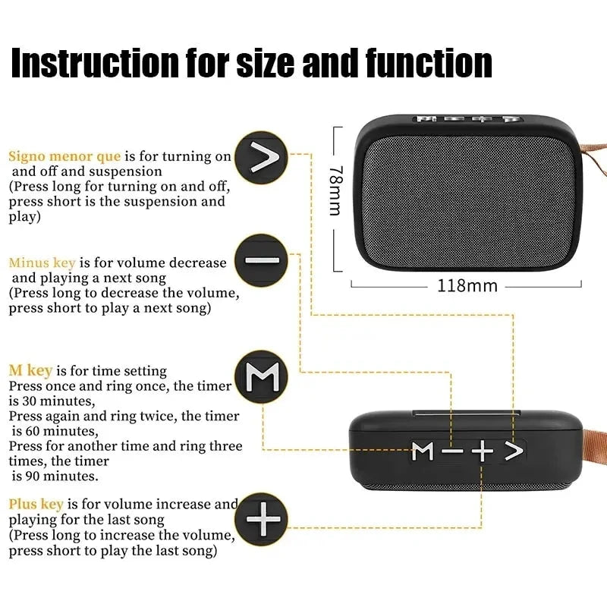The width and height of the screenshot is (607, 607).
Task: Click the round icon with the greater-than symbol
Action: pos(261,158)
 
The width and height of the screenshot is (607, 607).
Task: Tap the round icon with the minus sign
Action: pos(262,260)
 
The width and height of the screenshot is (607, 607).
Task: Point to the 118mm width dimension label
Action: pos(467,286)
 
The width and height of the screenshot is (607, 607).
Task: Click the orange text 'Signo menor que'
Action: pos(64,156)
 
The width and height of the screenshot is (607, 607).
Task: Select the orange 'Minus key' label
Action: pos(42,263)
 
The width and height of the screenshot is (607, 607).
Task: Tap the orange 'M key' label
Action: pos(30,371)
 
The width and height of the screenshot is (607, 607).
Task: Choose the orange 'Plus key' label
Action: pos(36,504)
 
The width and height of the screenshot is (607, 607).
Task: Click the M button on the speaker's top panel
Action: pos(423,451)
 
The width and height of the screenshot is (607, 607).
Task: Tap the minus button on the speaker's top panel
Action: pos(453,451)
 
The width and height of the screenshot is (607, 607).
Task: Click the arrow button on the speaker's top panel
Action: pos(514,451)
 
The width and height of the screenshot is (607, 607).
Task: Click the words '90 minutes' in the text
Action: pos(61,476)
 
